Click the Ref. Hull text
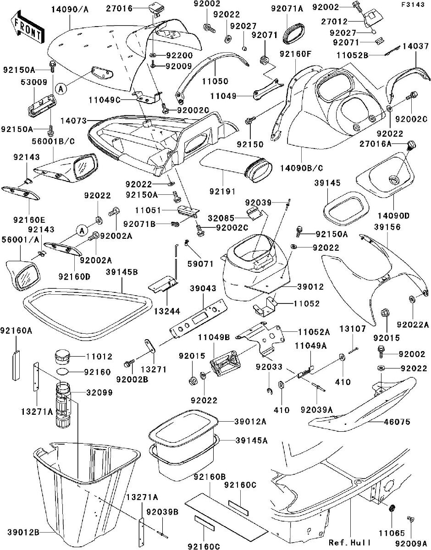click(350, 543)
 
